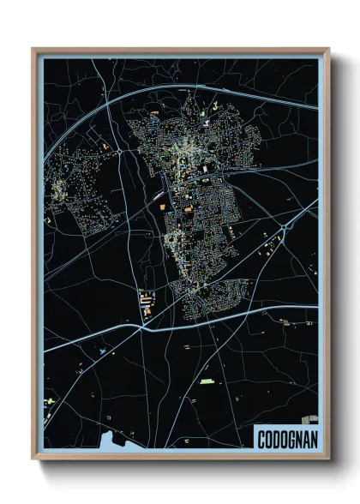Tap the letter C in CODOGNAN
click(262, 440)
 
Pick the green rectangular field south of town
click(207, 381)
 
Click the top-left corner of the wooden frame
click(33, 49)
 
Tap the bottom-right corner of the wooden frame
click(328, 459)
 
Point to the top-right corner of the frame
click(328, 49)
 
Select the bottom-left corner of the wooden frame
click(33, 459)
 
